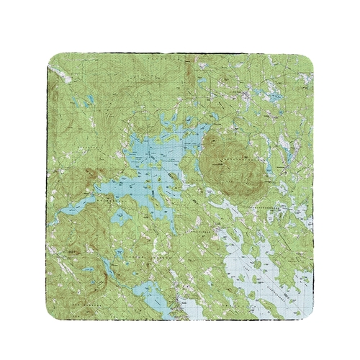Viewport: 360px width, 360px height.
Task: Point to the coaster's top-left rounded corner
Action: tap(56, 59)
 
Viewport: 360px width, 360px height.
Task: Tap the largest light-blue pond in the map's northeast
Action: tap(273, 94)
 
